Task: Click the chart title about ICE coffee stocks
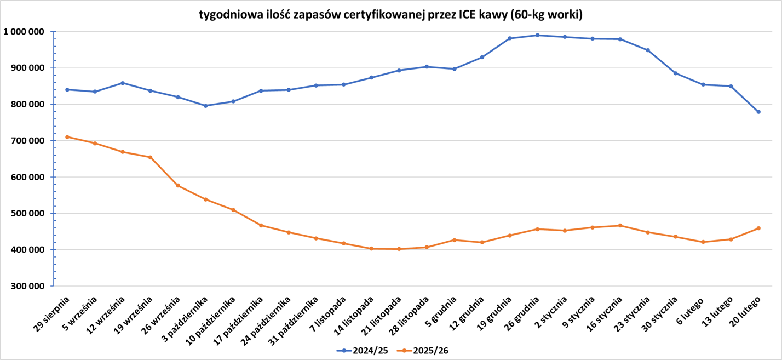390,15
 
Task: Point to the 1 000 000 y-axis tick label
24,32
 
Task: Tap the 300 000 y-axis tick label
26,286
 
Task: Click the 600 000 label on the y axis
26,177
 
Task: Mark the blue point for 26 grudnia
537,35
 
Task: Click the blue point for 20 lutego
758,112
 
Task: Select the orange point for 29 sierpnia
67,137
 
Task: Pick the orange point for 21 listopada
399,249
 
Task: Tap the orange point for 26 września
178,186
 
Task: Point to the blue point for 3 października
205,106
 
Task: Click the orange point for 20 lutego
758,228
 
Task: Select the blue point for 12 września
123,83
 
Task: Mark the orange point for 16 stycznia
620,225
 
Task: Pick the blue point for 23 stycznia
648,50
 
